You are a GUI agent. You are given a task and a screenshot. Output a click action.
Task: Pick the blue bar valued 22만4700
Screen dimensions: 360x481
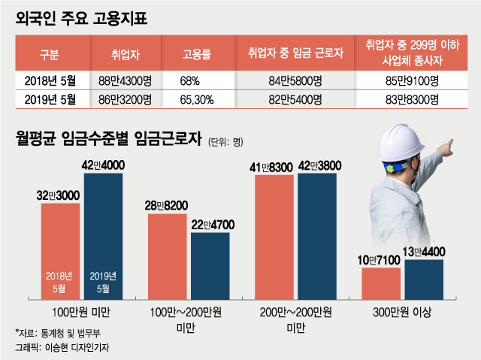click(210, 266)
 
